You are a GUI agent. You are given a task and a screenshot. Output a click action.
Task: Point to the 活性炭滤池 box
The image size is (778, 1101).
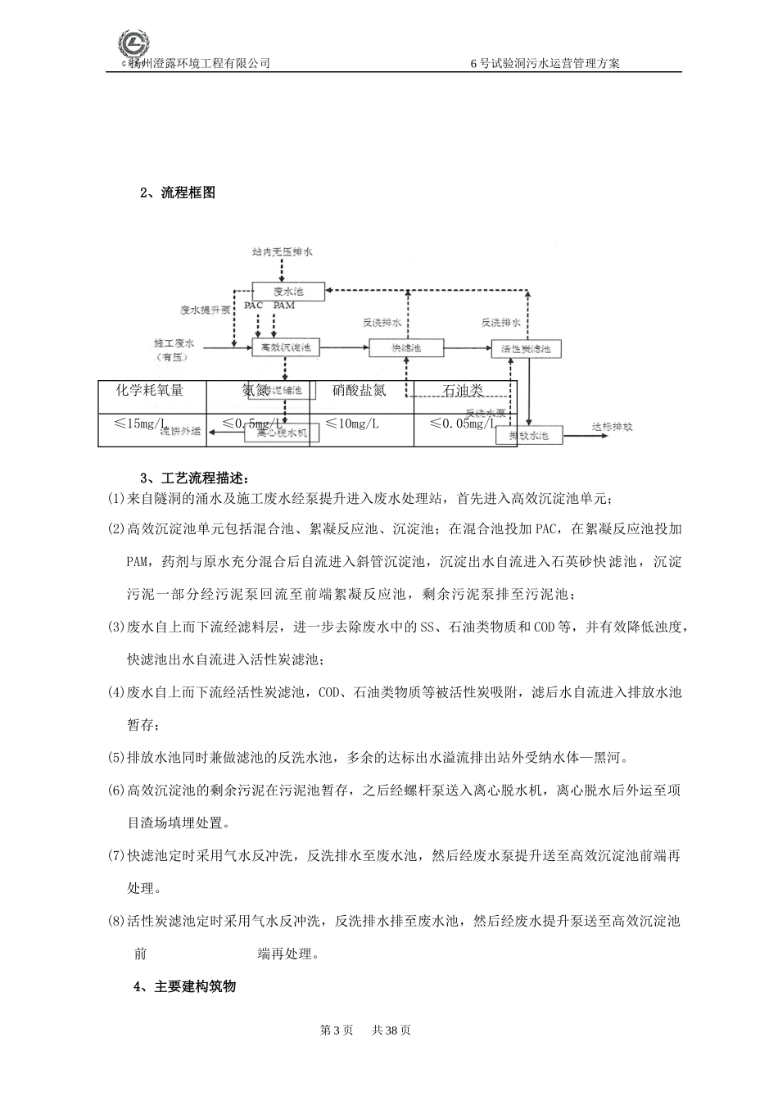click(x=527, y=348)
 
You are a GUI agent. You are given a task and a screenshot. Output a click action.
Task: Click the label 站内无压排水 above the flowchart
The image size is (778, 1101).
click(x=283, y=252)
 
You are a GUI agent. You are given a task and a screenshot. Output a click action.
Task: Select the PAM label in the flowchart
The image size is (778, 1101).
click(x=284, y=306)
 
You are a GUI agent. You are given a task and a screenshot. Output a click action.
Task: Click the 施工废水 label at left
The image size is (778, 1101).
click(x=174, y=342)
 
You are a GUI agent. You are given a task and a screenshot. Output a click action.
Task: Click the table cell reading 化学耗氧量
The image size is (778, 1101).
click(x=151, y=391)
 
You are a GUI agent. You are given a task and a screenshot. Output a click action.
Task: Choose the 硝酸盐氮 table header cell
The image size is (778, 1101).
click(x=359, y=391)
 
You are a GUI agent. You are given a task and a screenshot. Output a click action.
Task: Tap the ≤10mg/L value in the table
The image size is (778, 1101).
click(x=352, y=423)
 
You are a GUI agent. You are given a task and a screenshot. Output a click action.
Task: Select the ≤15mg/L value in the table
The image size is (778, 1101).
click(x=139, y=423)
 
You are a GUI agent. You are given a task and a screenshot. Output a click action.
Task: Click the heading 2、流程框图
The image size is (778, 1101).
click(x=178, y=193)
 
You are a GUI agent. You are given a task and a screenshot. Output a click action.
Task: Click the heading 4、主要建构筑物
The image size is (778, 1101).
click(x=184, y=986)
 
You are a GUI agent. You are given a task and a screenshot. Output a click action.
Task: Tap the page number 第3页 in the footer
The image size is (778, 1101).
click(x=336, y=1030)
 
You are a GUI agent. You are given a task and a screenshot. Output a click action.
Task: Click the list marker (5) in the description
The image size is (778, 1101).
click(x=115, y=757)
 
